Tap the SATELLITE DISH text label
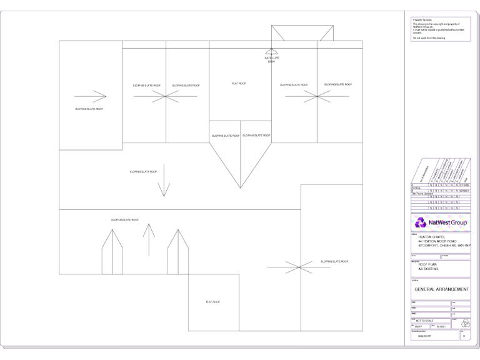(271, 60)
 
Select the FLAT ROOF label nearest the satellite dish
(239, 83)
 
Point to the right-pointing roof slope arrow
(90, 96)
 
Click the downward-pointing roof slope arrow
(164, 187)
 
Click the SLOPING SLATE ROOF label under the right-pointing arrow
(89, 109)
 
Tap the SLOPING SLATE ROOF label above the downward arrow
(143, 171)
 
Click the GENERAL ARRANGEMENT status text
(441, 289)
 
